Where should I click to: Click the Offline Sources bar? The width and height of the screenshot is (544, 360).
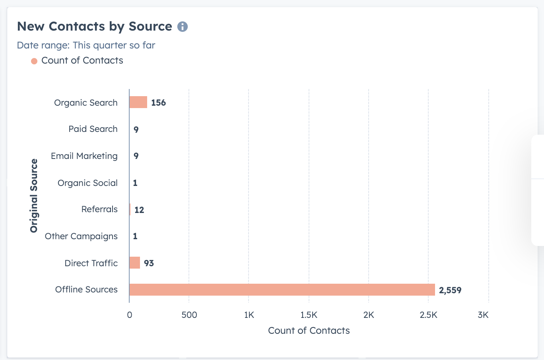click(x=282, y=290)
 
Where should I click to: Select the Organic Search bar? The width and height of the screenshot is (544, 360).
click(x=138, y=102)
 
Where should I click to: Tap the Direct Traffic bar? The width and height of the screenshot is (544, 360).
click(x=134, y=263)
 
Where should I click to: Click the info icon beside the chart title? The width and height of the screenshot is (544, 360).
click(x=183, y=27)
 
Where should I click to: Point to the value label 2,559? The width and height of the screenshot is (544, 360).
click(x=450, y=290)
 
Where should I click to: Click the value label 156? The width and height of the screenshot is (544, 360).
click(x=158, y=103)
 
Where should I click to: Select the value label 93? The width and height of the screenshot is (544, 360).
click(x=149, y=263)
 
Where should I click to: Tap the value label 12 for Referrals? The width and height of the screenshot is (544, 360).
click(x=139, y=210)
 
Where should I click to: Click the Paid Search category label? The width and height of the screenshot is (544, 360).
click(x=93, y=129)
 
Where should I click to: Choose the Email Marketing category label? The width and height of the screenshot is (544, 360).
click(x=84, y=156)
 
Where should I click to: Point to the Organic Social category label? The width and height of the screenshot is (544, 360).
click(x=87, y=183)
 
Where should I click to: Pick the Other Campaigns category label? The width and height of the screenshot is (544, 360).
click(x=81, y=236)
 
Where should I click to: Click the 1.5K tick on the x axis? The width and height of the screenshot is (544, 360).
click(x=309, y=315)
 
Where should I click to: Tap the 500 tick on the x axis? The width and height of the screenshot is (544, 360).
click(x=189, y=315)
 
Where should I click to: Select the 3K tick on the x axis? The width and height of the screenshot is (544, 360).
click(x=483, y=315)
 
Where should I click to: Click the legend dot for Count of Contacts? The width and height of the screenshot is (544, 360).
click(x=34, y=61)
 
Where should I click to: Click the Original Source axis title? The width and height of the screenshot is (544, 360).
click(x=34, y=195)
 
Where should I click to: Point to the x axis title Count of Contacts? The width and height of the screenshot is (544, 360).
click(x=309, y=331)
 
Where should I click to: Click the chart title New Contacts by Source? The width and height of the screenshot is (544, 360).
click(x=95, y=26)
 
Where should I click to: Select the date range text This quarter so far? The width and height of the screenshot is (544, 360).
click(x=114, y=45)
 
